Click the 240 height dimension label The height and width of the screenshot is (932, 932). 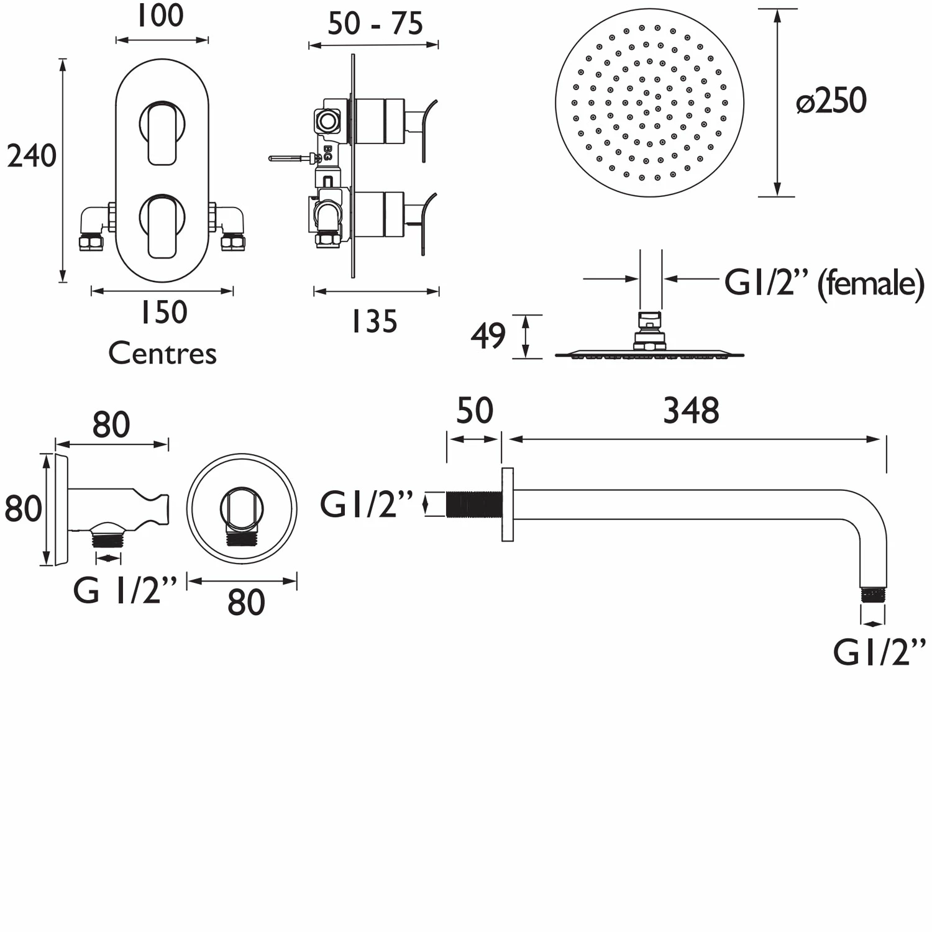coord(31,155)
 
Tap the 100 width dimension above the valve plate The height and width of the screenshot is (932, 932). coord(160,16)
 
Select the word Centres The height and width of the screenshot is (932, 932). coord(162,354)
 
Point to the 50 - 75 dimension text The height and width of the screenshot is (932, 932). coord(375,24)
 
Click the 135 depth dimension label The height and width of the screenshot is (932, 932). coord(374,322)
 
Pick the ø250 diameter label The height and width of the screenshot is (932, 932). coord(831,101)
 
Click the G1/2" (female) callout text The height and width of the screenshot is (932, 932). coord(824,284)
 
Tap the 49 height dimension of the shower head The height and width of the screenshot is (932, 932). coord(488,336)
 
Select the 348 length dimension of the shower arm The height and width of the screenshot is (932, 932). coord(691,411)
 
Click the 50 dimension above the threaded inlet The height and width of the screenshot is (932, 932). coord(474,411)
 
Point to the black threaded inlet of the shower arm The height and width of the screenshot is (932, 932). coord(473,504)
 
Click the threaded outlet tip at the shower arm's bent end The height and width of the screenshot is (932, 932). coord(873,595)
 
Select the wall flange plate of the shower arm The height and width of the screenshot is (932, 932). coord(507,504)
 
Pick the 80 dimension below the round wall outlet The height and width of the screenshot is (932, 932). coord(246,602)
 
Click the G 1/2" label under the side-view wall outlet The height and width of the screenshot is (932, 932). coord(125,590)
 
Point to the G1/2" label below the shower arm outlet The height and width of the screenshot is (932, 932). coord(879,652)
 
